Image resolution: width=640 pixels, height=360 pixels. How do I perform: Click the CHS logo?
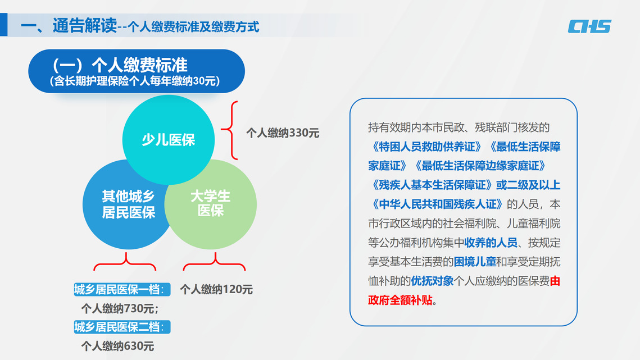tap(589, 26)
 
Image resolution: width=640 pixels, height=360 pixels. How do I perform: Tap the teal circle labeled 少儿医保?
tap(168, 140)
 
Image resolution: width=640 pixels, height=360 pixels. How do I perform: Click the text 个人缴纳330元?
tap(283, 133)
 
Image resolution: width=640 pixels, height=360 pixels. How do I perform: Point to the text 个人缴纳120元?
tap(216, 289)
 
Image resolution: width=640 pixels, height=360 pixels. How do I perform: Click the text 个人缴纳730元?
tap(119, 308)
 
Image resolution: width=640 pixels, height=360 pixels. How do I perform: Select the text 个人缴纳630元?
tap(117, 346)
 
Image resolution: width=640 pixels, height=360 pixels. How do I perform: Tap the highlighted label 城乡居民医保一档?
tap(122, 289)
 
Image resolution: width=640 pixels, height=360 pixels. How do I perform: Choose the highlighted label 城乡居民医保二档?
tap(122, 327)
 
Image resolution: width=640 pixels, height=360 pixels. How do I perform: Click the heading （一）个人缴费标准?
tap(119, 65)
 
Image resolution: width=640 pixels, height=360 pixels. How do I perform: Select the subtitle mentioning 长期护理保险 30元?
tap(135, 81)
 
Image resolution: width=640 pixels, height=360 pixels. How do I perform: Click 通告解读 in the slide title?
tap(84, 26)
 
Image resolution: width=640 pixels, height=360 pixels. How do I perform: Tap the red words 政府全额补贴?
tap(400, 300)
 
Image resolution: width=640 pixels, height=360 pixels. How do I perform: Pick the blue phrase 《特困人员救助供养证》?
tap(424, 147)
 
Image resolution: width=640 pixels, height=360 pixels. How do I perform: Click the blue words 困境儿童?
tap(475, 262)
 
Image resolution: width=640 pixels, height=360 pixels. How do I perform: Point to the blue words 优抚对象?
tap(432, 281)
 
